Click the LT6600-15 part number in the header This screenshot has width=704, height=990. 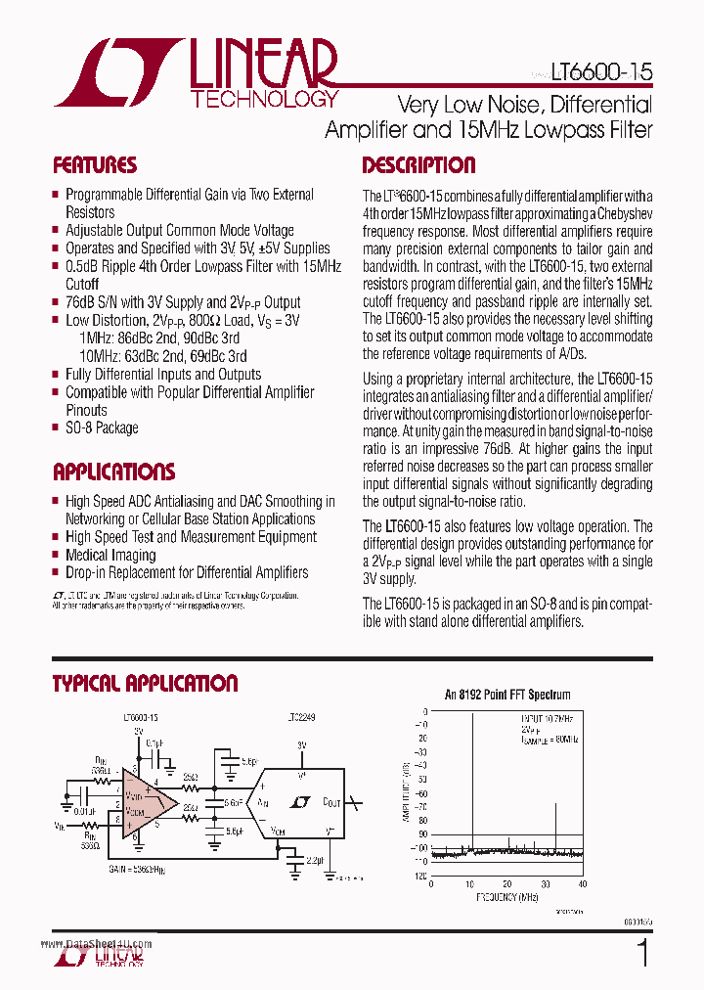pos(600,71)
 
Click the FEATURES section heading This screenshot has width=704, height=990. pos(95,165)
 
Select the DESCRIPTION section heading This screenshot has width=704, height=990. pos(418,165)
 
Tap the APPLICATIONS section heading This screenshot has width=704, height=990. pos(113,472)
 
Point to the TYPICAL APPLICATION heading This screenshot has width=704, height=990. pos(145,684)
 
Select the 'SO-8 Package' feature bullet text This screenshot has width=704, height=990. pos(102,428)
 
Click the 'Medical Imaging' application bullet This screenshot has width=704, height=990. pos(110,555)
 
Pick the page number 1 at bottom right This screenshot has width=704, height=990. pos(642,954)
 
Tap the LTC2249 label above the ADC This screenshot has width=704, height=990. pos(302,717)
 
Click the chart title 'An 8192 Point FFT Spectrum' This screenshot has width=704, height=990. pos(507,695)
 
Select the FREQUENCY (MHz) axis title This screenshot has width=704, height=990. pos(507,896)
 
